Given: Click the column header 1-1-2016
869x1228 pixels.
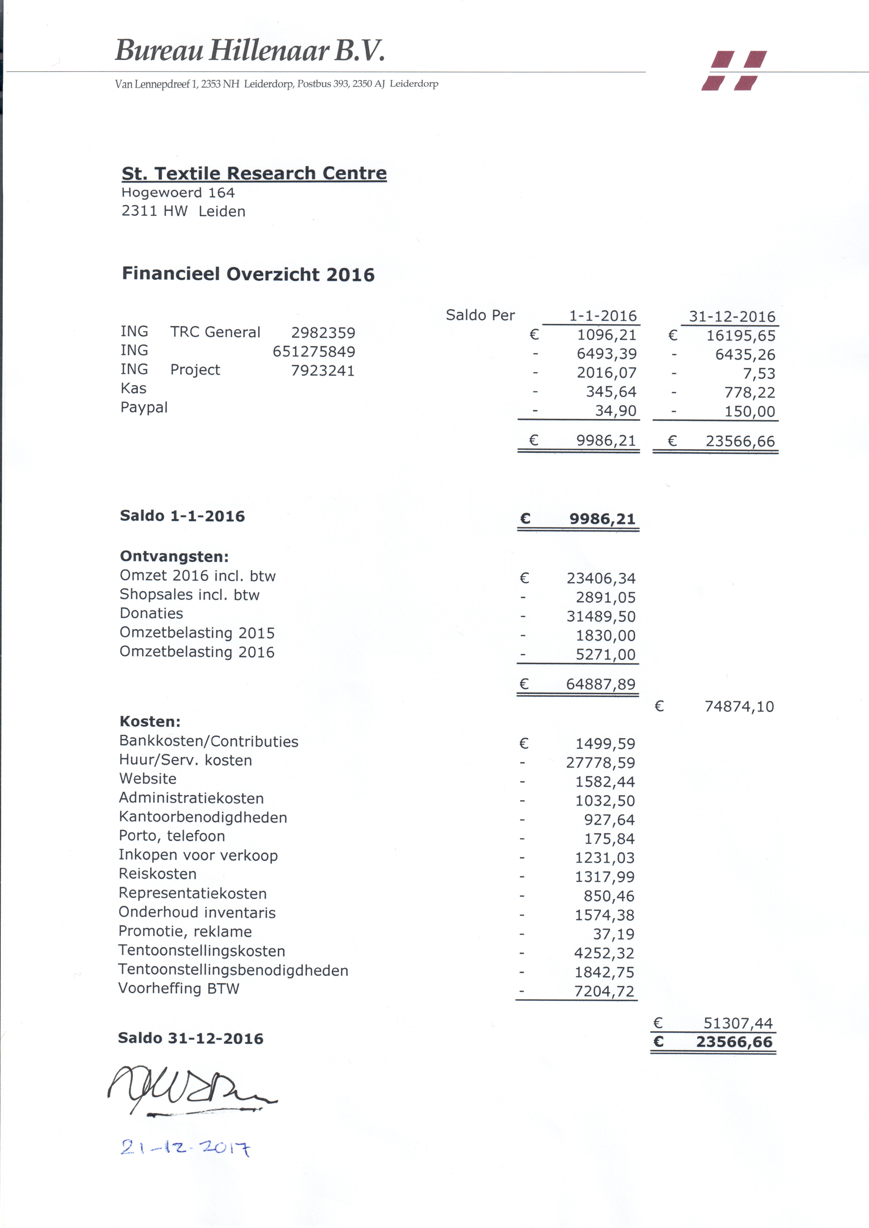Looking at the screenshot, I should point(603,316).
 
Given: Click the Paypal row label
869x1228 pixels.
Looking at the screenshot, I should point(144,408).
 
